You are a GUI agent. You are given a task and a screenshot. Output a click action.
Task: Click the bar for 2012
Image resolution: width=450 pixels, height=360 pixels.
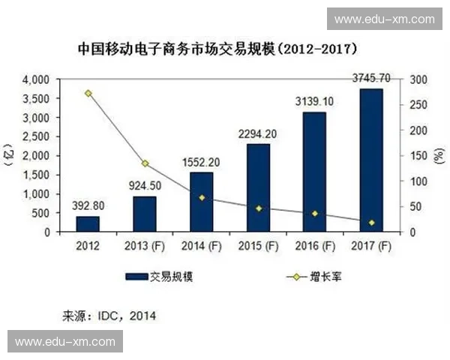point(88,224)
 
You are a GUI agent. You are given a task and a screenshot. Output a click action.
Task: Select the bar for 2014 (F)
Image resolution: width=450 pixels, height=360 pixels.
point(201,202)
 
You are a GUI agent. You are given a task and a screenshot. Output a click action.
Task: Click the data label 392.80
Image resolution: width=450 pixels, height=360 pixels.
point(88,205)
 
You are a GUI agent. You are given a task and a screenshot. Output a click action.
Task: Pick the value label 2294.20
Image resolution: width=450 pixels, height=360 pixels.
point(257,133)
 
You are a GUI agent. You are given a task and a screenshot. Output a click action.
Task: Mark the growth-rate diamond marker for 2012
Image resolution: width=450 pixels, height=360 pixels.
point(88,94)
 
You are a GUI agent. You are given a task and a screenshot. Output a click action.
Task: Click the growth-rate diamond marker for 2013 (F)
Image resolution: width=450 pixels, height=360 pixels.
point(145,163)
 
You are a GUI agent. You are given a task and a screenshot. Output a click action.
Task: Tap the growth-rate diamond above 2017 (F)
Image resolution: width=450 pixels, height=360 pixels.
point(371,223)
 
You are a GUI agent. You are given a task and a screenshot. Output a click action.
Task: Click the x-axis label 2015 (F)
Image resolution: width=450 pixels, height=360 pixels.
point(257,245)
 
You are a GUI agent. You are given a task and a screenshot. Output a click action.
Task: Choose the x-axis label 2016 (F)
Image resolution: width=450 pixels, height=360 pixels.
point(314,245)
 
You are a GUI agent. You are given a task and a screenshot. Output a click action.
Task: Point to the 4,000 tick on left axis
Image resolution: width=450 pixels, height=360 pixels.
point(37,79)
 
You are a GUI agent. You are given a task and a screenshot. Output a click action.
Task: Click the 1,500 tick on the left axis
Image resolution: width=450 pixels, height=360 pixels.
point(37,175)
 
